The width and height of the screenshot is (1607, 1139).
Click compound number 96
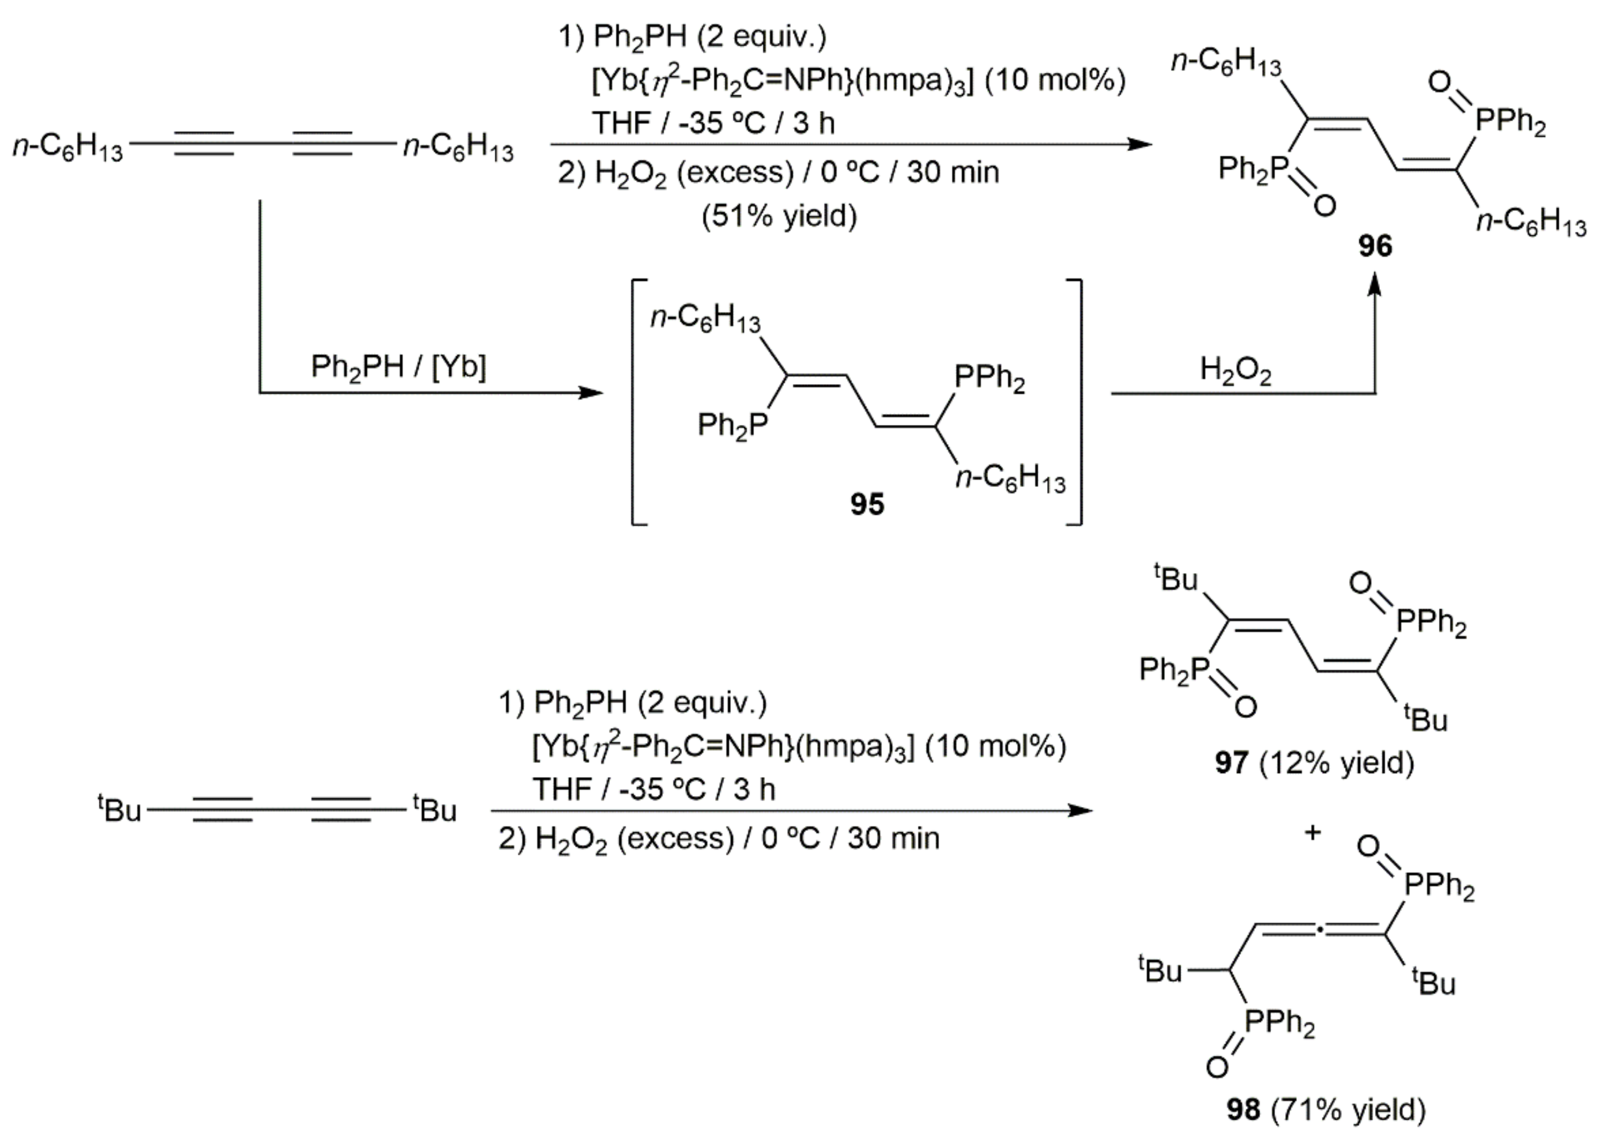click(x=1375, y=247)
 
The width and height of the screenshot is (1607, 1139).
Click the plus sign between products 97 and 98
click(x=1312, y=832)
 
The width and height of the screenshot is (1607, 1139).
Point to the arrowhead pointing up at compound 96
click(x=1375, y=284)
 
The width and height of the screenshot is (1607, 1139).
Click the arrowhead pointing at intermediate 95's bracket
click(x=593, y=393)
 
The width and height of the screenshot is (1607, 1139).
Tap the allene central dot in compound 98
click(x=1320, y=932)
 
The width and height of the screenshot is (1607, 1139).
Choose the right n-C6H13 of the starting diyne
click(x=458, y=148)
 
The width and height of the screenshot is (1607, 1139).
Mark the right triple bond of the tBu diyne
click(x=340, y=809)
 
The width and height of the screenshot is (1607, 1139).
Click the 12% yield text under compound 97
click(x=1337, y=763)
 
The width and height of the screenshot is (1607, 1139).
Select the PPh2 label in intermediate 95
click(x=990, y=380)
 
